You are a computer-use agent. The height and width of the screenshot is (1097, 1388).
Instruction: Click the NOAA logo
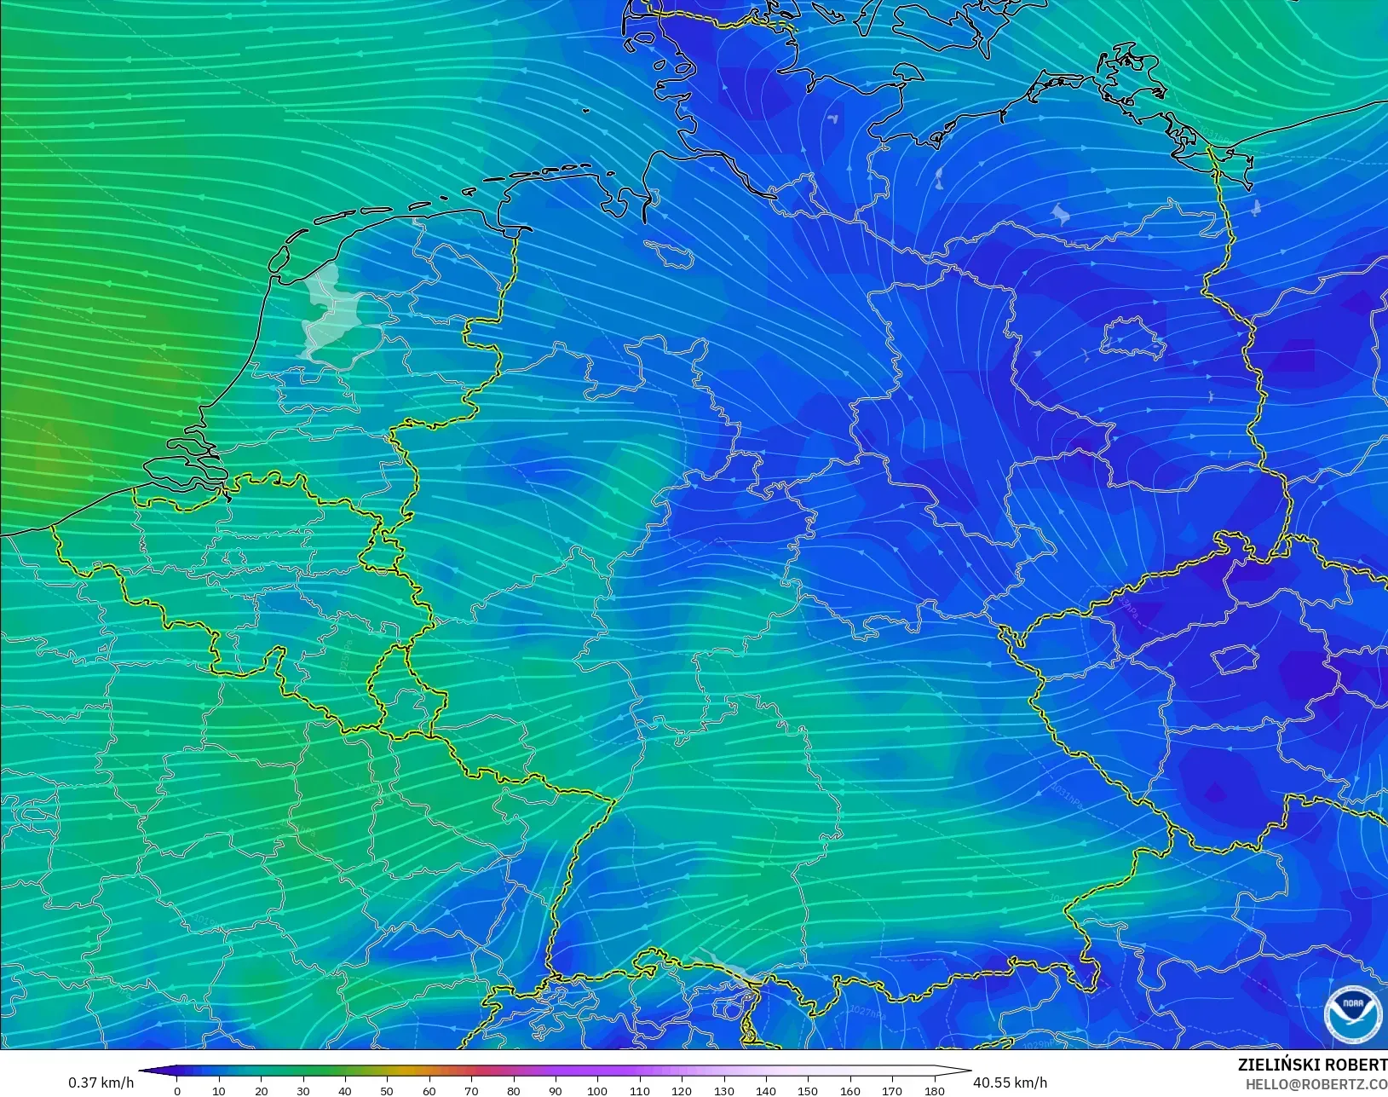coord(1352,1014)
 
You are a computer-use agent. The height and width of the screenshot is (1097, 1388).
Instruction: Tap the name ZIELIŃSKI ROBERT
coord(1312,1065)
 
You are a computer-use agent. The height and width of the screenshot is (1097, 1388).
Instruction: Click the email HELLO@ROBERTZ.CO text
coord(1316,1084)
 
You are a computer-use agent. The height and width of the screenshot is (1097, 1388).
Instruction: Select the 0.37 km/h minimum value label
coord(101,1083)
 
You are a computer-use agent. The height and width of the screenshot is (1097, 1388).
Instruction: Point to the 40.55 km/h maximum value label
coord(1010,1083)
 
